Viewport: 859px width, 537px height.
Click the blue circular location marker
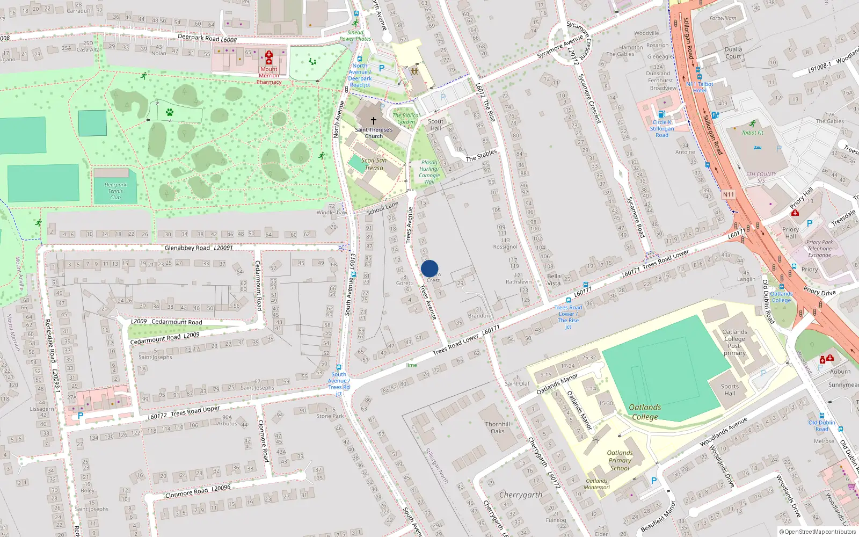coord(429,268)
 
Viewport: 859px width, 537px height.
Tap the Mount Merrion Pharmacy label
coord(269,76)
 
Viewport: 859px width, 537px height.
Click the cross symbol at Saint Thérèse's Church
coord(374,121)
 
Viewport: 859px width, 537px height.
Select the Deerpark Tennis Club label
coord(115,191)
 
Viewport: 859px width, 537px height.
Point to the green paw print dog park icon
coord(170,113)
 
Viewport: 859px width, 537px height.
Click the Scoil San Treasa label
coord(374,164)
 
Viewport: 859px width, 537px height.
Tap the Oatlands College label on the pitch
coord(645,412)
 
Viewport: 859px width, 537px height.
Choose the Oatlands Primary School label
coord(620,460)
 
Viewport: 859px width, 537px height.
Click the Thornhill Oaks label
coord(498,427)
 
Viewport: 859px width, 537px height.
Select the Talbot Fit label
coord(752,133)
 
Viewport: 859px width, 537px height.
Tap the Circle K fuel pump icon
coord(662,114)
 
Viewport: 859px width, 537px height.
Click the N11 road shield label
coord(728,194)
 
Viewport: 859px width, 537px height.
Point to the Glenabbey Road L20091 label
coord(199,248)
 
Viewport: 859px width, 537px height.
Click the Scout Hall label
coord(435,125)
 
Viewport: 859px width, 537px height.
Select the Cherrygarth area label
coord(521,495)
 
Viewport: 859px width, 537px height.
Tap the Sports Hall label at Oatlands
coord(730,390)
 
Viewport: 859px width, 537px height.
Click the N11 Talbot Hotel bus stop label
coord(700,87)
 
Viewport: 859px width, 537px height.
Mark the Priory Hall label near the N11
coord(790,233)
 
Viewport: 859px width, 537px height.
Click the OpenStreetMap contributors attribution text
coord(818,532)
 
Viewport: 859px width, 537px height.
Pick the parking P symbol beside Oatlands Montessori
coord(653,481)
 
